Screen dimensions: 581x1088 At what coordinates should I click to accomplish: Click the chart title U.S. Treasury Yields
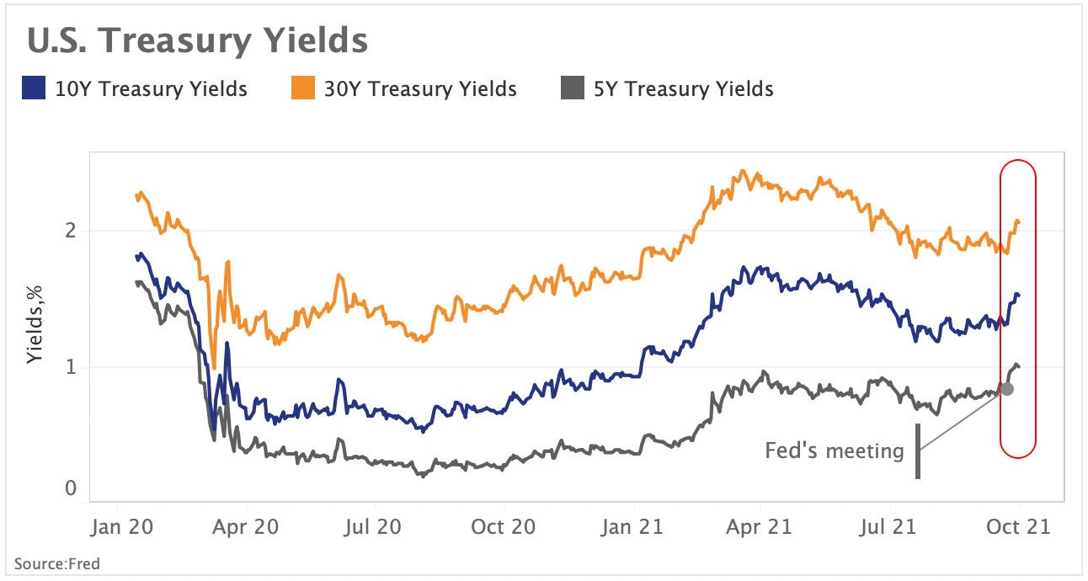197,40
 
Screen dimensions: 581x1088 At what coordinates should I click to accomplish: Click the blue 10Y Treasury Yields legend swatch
33,88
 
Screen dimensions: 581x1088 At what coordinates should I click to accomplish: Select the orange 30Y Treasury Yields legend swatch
302,88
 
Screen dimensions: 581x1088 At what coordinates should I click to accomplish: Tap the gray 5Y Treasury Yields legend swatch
572,88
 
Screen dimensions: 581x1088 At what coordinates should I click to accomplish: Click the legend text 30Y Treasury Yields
420,88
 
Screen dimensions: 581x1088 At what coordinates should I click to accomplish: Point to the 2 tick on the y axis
71,231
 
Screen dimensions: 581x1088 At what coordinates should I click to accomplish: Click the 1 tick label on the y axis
71,367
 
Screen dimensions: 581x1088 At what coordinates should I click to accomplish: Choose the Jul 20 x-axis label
375,527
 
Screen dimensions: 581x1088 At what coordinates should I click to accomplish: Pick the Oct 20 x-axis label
504,527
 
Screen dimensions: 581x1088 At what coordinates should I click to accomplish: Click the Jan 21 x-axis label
633,527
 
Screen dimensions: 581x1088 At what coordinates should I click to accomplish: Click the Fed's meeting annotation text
834,451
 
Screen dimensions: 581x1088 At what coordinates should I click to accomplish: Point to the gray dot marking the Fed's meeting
1006,389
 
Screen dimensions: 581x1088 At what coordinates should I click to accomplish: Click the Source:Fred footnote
56,563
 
